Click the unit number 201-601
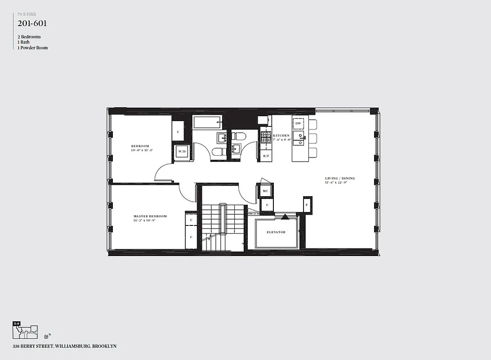32,23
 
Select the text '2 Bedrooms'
29,37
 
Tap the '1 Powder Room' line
32,48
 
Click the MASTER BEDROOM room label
150,216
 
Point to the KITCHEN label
281,135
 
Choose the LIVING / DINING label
340,179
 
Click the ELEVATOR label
276,232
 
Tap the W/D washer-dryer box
182,152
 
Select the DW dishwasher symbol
298,123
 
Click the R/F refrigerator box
266,156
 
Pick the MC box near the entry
265,191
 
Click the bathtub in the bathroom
207,122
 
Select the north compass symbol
46,336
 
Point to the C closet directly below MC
267,205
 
